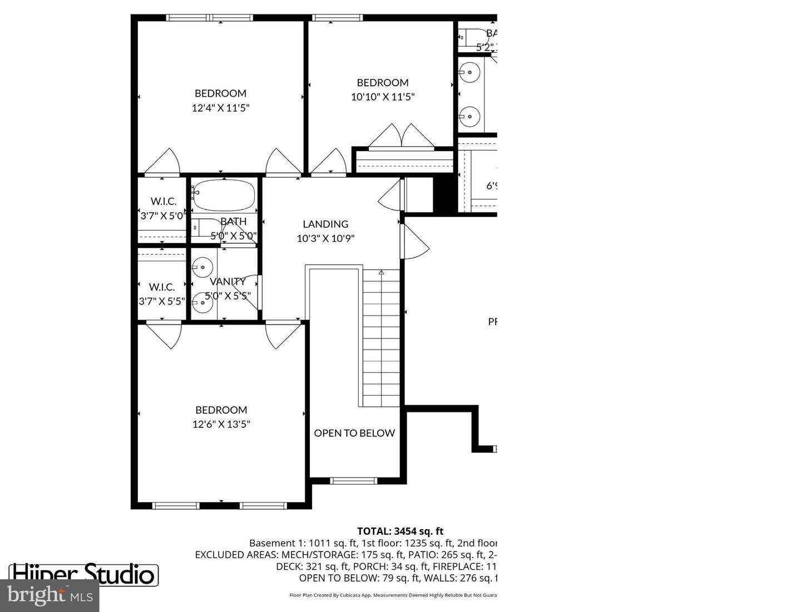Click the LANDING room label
(x=325, y=224)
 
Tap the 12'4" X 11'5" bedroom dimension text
(x=220, y=108)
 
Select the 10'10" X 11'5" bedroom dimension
(x=383, y=97)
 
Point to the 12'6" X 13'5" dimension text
(x=221, y=424)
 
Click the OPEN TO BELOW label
(x=354, y=433)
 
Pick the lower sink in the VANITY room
(x=202, y=302)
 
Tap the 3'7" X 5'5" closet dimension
(x=162, y=301)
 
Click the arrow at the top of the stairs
(x=382, y=273)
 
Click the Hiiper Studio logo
(x=83, y=574)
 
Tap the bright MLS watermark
(x=50, y=596)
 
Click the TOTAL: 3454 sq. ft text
(x=400, y=531)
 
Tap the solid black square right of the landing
(x=445, y=194)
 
